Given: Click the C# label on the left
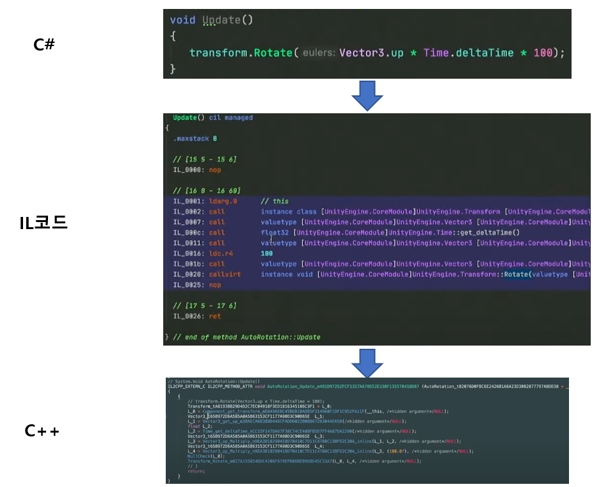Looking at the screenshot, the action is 44,45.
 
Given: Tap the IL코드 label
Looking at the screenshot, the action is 44,223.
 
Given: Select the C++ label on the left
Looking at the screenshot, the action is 42,431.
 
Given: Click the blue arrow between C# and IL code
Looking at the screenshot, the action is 367,95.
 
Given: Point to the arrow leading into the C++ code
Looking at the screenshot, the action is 367,362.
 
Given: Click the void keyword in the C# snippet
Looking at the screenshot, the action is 182,20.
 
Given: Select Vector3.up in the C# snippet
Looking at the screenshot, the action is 371,52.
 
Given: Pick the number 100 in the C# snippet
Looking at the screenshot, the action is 543,52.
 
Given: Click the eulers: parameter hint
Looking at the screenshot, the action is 319,52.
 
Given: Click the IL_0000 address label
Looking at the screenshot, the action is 188,170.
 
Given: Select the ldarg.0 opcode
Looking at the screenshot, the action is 223,201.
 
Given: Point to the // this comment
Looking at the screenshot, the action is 275,201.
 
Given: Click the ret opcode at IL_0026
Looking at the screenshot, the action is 214,316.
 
